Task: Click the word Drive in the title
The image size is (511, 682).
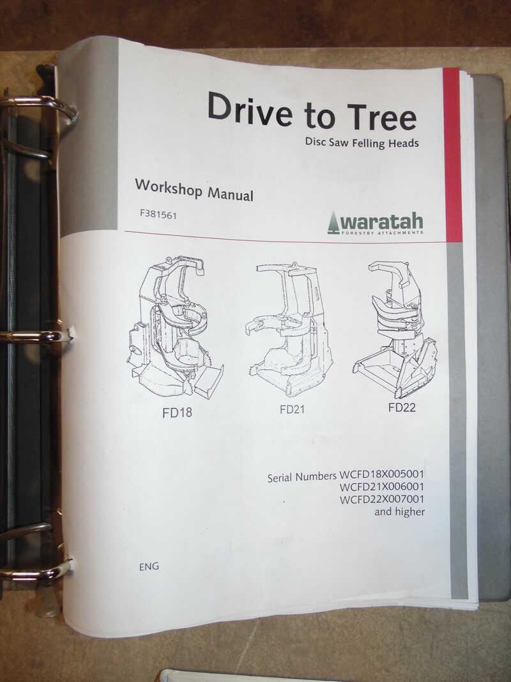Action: (250, 109)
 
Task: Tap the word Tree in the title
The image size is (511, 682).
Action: (382, 116)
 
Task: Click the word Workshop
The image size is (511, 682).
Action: (169, 187)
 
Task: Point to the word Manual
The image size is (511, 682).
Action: (230, 194)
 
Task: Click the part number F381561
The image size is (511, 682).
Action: (158, 214)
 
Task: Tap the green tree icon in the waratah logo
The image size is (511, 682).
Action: (333, 222)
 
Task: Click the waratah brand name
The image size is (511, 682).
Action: (381, 221)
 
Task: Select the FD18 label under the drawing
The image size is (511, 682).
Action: (177, 412)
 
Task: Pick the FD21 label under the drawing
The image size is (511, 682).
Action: (292, 409)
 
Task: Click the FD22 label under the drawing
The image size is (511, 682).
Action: (402, 407)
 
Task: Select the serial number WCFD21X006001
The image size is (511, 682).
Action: (381, 486)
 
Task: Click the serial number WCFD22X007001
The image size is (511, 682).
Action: (381, 499)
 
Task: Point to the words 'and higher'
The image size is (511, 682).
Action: (399, 511)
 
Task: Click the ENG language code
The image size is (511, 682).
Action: (149, 566)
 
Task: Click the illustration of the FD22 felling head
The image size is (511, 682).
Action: (395, 329)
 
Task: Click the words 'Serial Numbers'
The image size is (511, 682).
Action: (302, 477)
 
